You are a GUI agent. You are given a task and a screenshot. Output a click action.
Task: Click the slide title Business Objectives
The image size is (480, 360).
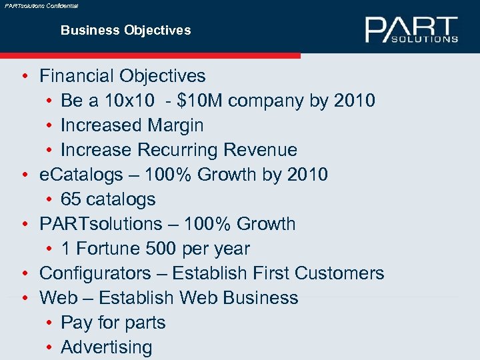click(x=125, y=30)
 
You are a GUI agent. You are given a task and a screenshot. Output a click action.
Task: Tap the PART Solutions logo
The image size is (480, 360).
click(x=411, y=30)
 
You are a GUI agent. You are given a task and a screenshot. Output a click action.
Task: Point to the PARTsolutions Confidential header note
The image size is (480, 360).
click(x=41, y=5)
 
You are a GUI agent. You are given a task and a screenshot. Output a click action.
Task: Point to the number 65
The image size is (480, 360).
click(x=71, y=199)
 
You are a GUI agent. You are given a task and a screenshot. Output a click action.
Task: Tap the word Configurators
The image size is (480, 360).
click(x=95, y=273)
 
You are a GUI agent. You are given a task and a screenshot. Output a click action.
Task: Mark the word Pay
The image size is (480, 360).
click(x=75, y=323)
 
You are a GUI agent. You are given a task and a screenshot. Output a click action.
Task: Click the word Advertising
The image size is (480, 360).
click(x=107, y=347)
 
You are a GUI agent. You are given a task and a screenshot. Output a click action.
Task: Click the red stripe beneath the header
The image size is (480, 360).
click(x=150, y=55)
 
